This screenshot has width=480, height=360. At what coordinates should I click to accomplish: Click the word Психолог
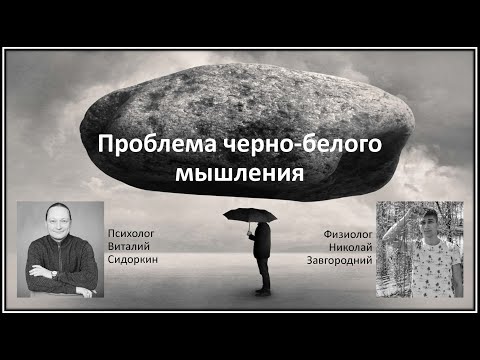pyautogui.click(x=134, y=232)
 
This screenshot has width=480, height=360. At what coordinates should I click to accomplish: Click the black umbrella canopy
pyautogui.click(x=251, y=213)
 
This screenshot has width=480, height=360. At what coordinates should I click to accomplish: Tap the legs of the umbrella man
pyautogui.click(x=262, y=275)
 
